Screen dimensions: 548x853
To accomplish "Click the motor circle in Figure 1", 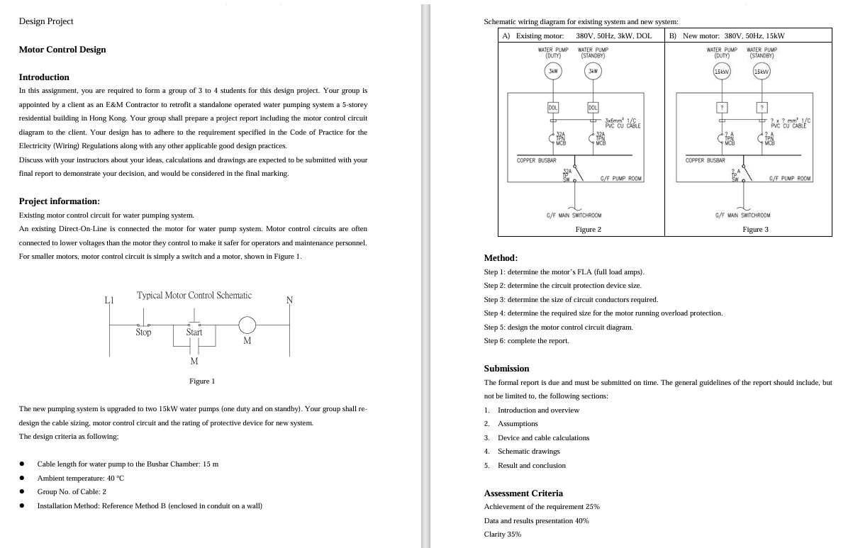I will point(247,325).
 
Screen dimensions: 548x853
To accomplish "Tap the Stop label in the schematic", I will point(143,332).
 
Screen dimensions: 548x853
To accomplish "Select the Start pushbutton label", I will point(194,332).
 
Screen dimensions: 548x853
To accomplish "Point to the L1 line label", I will point(109,300).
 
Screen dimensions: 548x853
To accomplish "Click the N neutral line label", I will point(289,300).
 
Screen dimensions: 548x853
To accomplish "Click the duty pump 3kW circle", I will point(553,71).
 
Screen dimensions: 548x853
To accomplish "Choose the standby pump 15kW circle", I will point(762,71).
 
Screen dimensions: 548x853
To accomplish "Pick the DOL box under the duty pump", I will point(553,107).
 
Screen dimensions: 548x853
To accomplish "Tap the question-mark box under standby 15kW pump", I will point(762,107).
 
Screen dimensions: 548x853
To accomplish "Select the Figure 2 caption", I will point(588,229).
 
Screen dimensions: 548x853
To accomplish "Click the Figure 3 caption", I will point(755,229).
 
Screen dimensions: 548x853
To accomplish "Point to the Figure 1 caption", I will point(202,381).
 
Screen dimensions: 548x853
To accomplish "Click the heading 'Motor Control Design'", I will point(62,50).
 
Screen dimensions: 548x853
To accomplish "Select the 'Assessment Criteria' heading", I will point(523,493).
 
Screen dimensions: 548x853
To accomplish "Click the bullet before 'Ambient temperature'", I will point(22,479).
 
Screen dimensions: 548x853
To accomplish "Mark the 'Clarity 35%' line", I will point(502,534).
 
